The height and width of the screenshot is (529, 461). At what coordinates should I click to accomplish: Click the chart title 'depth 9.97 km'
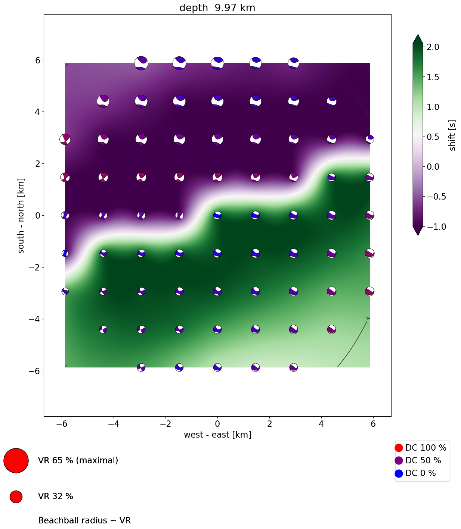[217, 8]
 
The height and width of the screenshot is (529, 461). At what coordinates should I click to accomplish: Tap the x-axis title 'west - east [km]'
[217, 435]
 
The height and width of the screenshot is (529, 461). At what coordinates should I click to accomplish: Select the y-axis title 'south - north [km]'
[21, 216]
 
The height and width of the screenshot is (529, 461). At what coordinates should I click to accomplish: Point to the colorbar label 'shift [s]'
[452, 135]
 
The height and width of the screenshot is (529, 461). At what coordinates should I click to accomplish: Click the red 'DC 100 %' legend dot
[399, 448]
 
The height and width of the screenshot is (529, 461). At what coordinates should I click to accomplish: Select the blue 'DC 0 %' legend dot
[399, 473]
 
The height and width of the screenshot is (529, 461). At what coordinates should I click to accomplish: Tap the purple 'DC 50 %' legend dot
[399, 460]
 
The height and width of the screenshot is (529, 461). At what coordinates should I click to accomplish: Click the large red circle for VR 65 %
[16, 460]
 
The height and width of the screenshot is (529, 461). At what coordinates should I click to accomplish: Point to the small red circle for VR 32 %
[16, 497]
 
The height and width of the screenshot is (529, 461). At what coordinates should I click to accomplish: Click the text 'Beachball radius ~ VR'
[84, 520]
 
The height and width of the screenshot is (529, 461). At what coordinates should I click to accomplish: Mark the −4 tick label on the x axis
[113, 424]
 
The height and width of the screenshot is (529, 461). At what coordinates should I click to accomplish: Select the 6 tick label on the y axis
[37, 60]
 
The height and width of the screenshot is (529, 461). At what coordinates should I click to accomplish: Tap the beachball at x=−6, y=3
[65, 139]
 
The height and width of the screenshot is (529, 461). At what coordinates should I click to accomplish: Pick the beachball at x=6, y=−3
[369, 291]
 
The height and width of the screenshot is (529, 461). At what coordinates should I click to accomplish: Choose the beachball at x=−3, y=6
[141, 63]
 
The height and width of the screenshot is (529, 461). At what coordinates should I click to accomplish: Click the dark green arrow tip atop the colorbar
[418, 38]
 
